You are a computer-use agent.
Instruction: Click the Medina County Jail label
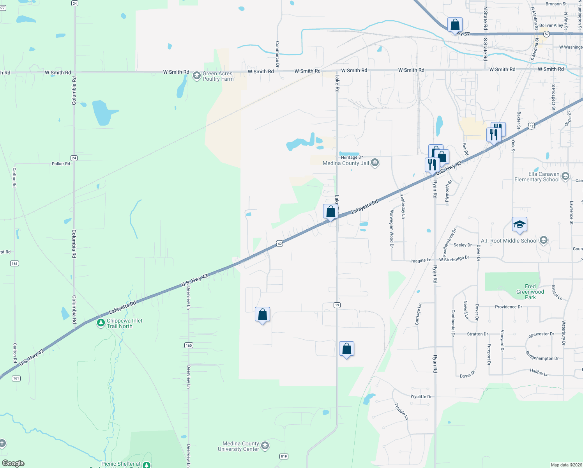[346, 163]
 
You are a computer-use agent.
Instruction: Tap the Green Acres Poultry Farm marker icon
[197, 76]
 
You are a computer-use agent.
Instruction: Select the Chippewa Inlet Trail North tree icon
[101, 323]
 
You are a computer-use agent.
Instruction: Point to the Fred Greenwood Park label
[530, 292]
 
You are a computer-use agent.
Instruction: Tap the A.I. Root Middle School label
[509, 241]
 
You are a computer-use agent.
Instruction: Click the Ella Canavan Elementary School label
[537, 177]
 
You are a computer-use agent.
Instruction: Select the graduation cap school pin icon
[519, 225]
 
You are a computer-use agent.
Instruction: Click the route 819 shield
[284, 456]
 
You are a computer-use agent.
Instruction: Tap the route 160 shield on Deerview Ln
[189, 345]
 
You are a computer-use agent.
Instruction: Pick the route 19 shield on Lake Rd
[337, 305]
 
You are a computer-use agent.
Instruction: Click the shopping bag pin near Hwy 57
[455, 25]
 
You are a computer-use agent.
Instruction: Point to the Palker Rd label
[61, 164]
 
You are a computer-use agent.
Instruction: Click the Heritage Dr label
[352, 157]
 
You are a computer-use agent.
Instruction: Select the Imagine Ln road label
[420, 260]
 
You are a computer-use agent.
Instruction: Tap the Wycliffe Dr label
[421, 397]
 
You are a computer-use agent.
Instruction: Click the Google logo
[13, 463]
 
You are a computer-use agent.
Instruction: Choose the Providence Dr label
[508, 307]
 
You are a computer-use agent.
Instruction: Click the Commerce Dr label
[277, 54]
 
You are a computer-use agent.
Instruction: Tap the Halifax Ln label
[539, 372]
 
